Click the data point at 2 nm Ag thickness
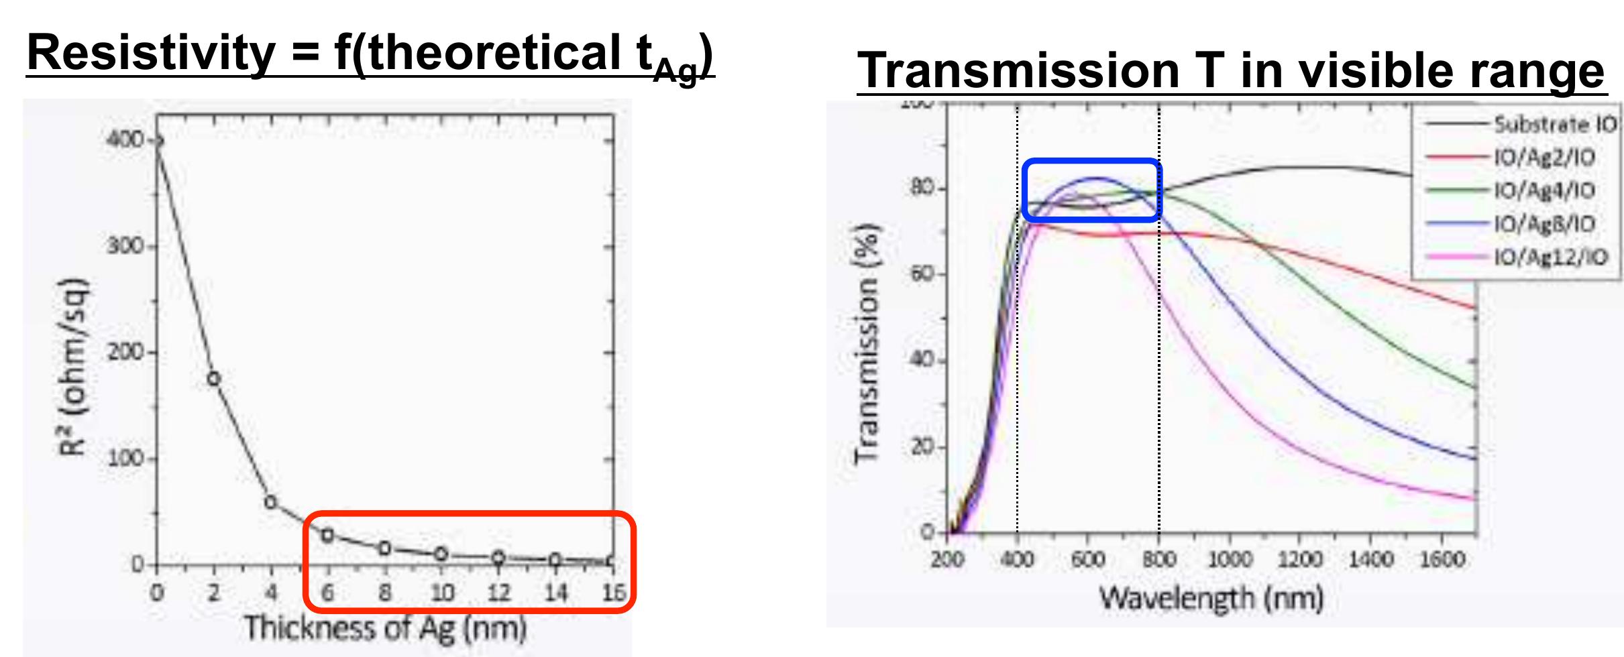pos(214,379)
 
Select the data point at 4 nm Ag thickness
pos(271,501)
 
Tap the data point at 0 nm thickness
pos(158,141)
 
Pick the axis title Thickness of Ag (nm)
pos(384,628)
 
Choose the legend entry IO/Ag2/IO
pos(1544,158)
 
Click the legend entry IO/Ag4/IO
pos(1544,190)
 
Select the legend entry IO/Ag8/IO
pos(1544,223)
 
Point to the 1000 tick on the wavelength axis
pos(1230,559)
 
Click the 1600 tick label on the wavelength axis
pos(1442,559)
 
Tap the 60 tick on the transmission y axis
pos(926,274)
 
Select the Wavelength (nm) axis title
pos(1210,598)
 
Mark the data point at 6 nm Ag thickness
pos(327,535)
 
